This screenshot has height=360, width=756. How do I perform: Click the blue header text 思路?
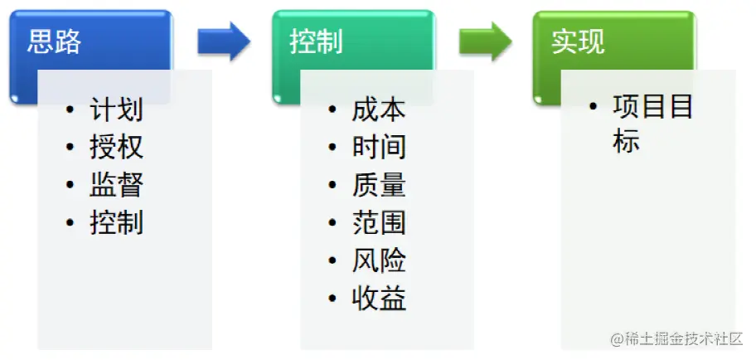pos(55,42)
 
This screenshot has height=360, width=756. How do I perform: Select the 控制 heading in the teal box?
pos(316,42)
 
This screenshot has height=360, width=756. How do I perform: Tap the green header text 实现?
pos(578,42)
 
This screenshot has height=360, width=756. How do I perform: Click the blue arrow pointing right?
pos(224,41)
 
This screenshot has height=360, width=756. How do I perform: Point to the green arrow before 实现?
pos(486,41)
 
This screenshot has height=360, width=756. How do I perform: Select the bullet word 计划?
pos(116,109)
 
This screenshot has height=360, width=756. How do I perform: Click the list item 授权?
pos(116,147)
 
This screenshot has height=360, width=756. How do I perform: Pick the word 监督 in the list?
pos(116,185)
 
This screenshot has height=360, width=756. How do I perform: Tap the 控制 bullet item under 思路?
pos(116,222)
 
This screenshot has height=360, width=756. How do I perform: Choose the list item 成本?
pos(379,109)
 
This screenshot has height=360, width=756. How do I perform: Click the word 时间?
pos(379,147)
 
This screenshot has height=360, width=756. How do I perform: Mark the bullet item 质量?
pos(379,185)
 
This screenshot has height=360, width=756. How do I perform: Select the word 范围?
pos(379,222)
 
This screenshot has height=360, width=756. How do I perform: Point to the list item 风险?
pos(379,260)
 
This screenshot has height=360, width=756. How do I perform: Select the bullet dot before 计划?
pos(70,110)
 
